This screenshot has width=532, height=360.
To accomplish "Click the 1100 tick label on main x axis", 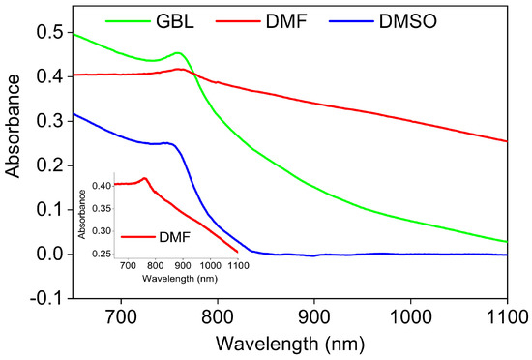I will (x=507, y=316).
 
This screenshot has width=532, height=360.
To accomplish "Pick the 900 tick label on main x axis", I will (x=313, y=316).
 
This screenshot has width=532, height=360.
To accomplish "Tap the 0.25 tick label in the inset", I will (x=102, y=254).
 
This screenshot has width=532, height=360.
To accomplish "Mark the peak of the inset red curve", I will (x=144, y=178).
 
